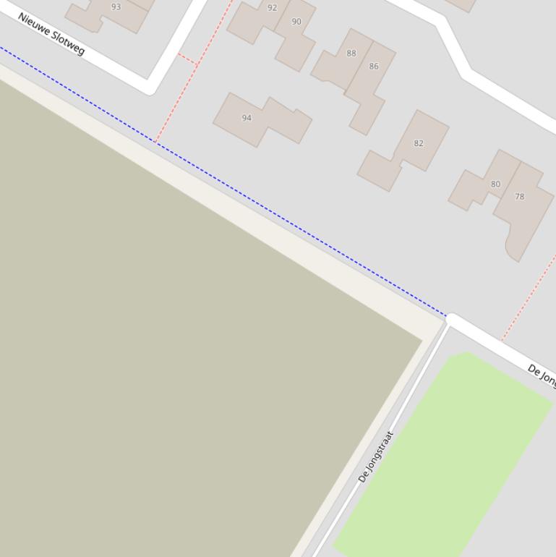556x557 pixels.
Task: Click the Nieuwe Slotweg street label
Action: (x=51, y=33)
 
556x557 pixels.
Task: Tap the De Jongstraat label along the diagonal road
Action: (x=376, y=457)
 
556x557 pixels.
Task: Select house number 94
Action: (x=247, y=118)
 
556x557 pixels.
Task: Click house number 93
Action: (x=116, y=7)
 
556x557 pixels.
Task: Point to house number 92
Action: (x=272, y=8)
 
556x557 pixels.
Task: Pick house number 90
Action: (x=296, y=22)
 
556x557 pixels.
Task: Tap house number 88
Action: (x=351, y=53)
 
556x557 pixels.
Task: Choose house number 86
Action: (x=374, y=66)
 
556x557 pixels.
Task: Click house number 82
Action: (x=419, y=143)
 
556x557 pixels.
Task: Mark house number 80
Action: (x=495, y=184)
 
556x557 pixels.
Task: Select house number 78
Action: (x=519, y=196)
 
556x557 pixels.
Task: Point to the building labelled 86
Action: (x=369, y=94)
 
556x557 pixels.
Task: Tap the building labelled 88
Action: (x=340, y=65)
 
